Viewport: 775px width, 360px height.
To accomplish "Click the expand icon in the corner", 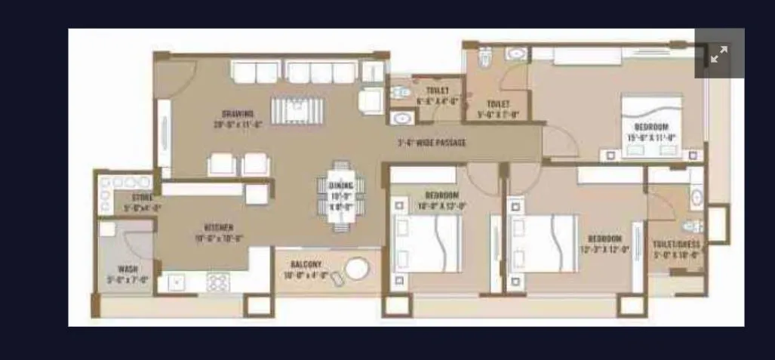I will pyautogui.click(x=718, y=54).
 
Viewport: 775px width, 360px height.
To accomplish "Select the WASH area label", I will pyautogui.click(x=128, y=273).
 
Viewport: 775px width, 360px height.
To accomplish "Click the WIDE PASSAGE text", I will pyautogui.click(x=432, y=143).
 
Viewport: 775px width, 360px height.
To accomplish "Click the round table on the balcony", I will pyautogui.click(x=356, y=269).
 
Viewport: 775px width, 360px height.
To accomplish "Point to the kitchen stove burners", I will pyautogui.click(x=218, y=282).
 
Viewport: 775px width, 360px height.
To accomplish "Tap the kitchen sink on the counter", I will pyautogui.click(x=176, y=282).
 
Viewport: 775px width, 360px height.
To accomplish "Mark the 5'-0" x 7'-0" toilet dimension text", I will pyautogui.click(x=498, y=109).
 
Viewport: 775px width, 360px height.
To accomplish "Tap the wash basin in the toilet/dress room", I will pyautogui.click(x=696, y=198).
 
